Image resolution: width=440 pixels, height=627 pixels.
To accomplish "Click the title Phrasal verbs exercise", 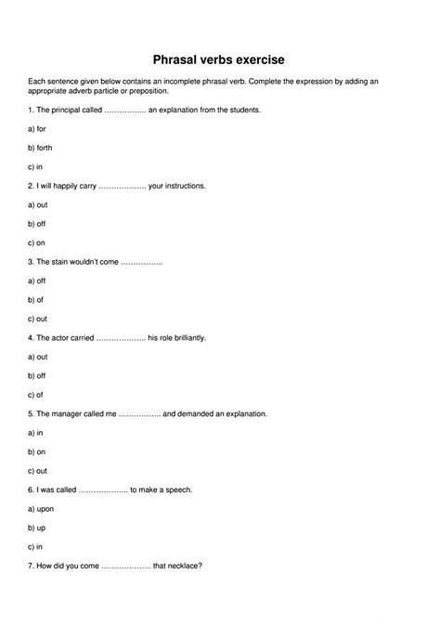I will pos(220,58).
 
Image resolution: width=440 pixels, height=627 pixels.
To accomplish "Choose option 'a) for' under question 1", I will pos(37,128).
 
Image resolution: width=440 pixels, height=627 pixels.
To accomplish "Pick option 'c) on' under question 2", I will pos(36,242).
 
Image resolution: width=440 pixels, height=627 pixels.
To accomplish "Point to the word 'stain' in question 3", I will pos(64,262).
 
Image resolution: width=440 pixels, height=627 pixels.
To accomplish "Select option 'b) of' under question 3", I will pos(36,299).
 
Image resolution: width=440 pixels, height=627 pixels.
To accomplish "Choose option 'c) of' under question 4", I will pos(36,394).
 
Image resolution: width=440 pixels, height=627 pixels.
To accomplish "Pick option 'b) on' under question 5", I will pos(36,451).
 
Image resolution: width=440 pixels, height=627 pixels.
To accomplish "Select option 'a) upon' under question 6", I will pos(40,508).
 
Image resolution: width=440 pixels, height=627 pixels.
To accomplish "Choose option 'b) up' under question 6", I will pos(36,528).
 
